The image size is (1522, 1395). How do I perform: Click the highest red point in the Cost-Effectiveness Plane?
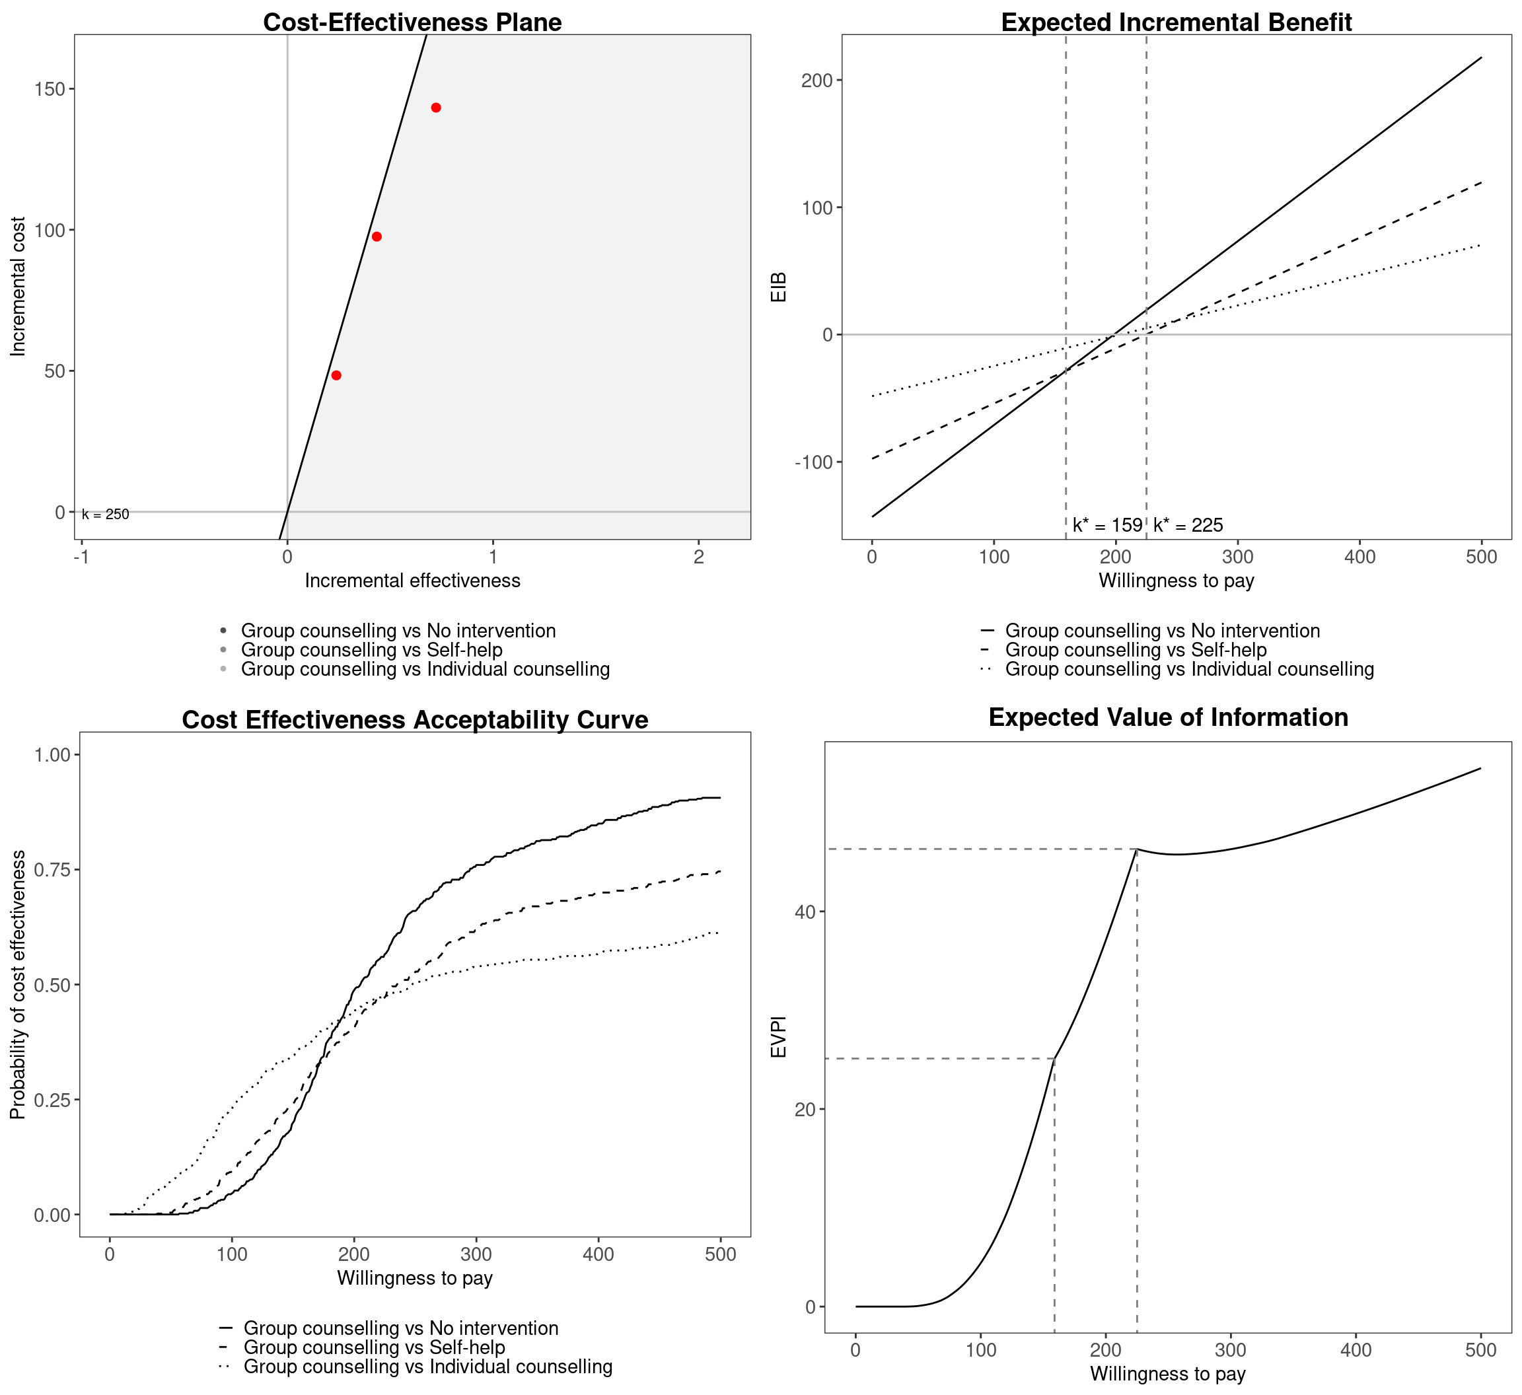[435, 108]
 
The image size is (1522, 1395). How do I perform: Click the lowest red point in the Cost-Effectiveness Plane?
[336, 375]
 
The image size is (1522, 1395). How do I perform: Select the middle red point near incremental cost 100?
[377, 237]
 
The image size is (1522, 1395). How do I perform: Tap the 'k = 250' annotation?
[106, 515]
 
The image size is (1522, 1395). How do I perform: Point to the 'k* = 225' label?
[1188, 525]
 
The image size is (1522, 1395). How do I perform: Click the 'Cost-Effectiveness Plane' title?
[412, 22]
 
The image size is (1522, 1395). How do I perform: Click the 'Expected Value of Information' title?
[1168, 717]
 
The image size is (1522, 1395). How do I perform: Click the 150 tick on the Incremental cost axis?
[50, 89]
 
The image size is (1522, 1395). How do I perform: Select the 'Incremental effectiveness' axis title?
[412, 581]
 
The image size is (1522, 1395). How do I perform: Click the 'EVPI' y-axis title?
[779, 1036]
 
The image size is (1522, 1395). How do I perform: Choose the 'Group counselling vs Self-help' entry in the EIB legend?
[1136, 650]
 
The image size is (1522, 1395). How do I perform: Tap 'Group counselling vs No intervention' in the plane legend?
[398, 631]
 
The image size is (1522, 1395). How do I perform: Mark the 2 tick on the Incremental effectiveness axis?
[698, 557]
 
